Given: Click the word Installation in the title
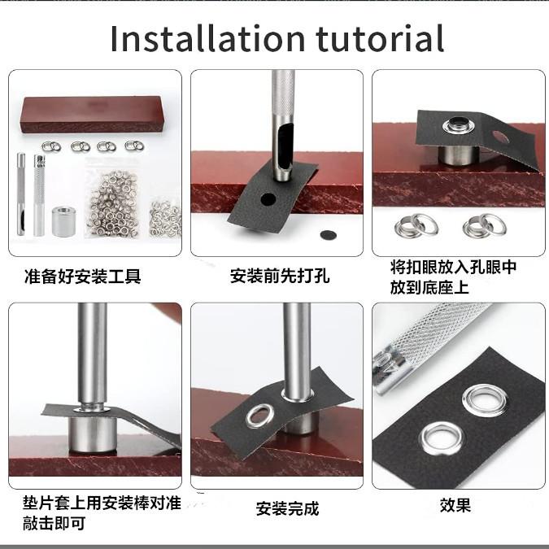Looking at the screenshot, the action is click(207, 38).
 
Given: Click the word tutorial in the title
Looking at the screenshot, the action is click(381, 38).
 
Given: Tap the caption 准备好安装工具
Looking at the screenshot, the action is click(83, 277).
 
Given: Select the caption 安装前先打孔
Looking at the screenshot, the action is click(280, 276).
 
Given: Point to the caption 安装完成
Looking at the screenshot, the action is click(287, 508).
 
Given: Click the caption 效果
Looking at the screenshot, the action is click(455, 505).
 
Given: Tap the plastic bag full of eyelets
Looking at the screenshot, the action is click(113, 198).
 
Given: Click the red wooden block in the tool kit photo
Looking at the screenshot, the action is click(94, 115).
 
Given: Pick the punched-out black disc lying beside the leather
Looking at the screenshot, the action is click(329, 235).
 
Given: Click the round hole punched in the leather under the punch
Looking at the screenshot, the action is click(268, 199).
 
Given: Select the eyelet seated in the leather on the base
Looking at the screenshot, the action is click(459, 125).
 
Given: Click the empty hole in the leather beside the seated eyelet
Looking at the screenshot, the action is click(500, 137).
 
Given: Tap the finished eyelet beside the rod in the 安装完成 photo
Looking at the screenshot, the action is click(259, 416).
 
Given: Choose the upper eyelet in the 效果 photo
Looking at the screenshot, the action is click(485, 399).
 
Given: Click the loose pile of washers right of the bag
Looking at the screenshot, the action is click(166, 218).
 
